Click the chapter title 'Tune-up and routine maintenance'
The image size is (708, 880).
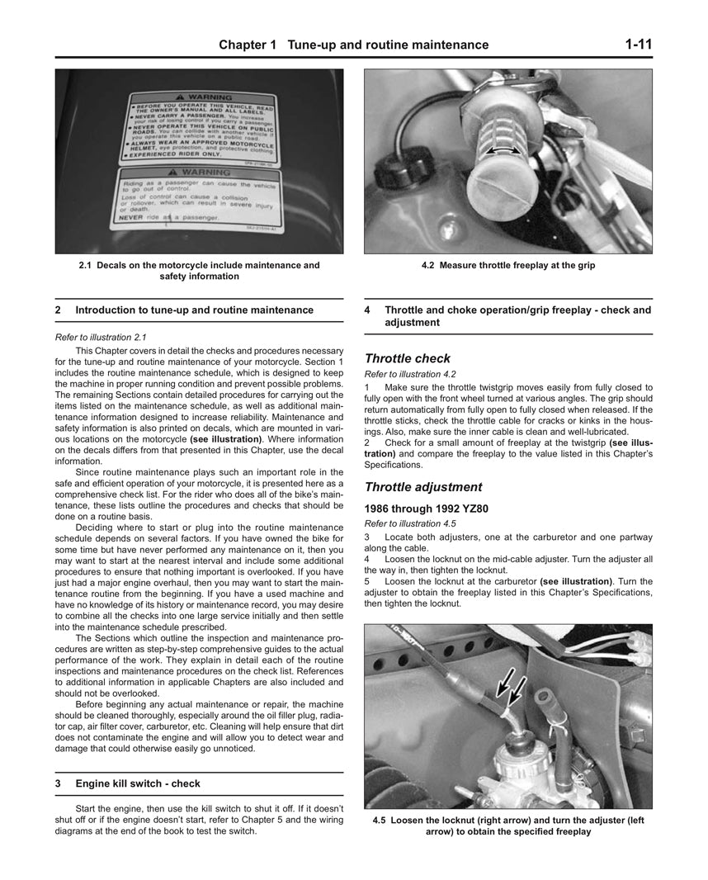pos(387,45)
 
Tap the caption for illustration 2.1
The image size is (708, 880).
pos(199,271)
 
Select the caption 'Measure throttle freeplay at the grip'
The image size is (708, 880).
pos(507,266)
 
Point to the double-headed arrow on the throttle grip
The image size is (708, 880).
pos(502,150)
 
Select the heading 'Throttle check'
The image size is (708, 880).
pos(408,358)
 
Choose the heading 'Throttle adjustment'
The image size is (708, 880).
pos(423,487)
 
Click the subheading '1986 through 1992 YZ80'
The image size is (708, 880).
pos(432,509)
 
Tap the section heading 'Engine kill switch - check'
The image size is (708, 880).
pos(137,783)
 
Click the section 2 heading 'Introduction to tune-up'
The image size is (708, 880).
pos(194,310)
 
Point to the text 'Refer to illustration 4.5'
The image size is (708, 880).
pos(410,523)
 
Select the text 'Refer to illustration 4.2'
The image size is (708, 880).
pos(410,374)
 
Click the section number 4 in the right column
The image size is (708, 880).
pos(367,310)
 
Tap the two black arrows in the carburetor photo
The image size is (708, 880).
pos(507,686)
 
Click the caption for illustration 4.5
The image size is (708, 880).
pos(507,826)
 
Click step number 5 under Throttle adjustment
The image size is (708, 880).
pos(367,581)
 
